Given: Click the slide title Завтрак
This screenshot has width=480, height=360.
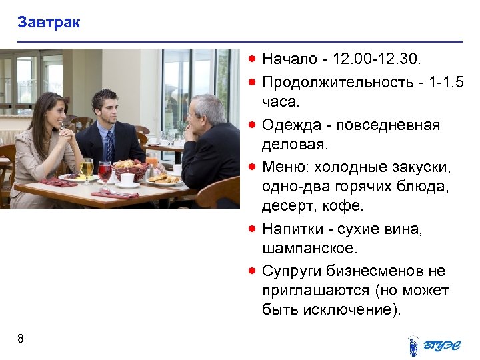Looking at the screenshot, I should click(49, 23).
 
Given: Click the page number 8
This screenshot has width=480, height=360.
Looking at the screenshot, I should click(21, 339).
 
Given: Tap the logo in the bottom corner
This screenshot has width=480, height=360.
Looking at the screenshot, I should click(435, 345).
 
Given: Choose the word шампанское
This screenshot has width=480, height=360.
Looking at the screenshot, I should click(310, 249).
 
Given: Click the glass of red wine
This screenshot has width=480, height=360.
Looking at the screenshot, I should click(105, 171).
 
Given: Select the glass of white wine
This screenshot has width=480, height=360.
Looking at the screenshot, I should click(87, 167).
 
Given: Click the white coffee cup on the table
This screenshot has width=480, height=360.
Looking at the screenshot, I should click(127, 179).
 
